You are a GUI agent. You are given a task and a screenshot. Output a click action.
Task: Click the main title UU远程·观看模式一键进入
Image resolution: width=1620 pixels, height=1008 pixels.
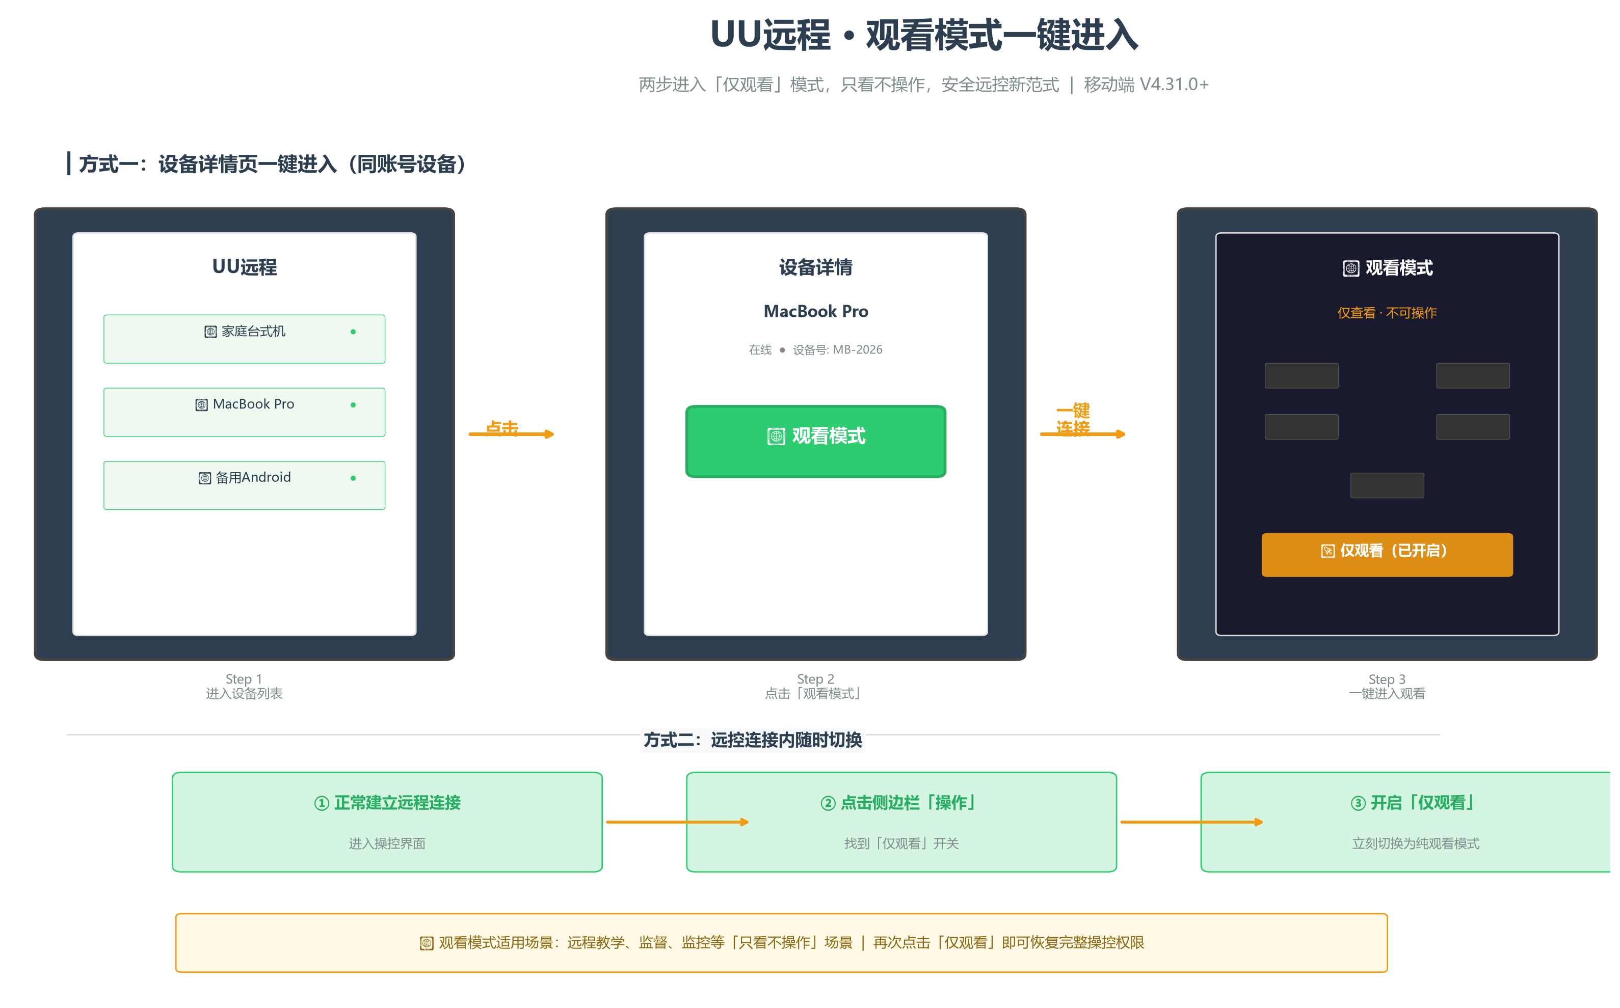click(924, 35)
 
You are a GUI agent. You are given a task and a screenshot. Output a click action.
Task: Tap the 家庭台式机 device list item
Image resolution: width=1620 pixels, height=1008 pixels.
click(244, 339)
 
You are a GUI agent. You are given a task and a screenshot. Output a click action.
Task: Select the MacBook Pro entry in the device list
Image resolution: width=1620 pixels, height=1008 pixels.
click(244, 412)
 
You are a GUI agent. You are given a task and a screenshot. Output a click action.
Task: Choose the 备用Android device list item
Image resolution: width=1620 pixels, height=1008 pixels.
click(244, 485)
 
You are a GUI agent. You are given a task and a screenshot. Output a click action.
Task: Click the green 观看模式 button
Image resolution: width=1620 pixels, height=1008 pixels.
click(816, 441)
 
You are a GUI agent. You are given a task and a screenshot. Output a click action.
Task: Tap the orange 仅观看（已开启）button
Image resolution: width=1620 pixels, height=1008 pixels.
click(1387, 554)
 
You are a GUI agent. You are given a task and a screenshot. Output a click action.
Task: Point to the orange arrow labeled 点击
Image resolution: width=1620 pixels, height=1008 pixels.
click(511, 434)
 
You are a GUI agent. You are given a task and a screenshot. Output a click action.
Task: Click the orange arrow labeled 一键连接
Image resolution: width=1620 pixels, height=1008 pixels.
click(1082, 434)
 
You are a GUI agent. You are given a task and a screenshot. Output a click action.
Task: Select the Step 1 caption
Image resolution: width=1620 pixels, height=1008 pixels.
click(244, 686)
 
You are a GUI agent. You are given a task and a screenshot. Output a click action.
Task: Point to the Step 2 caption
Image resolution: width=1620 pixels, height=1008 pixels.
click(816, 686)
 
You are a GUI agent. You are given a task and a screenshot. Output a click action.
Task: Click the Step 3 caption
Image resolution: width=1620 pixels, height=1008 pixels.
click(1387, 686)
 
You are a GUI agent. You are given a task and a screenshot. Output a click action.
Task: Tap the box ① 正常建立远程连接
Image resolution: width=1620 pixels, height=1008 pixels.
click(387, 822)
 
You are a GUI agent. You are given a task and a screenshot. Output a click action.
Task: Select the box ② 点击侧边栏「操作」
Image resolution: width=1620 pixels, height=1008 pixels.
click(901, 822)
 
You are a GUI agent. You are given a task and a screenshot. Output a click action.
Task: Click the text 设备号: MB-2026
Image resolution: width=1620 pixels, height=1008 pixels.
click(837, 350)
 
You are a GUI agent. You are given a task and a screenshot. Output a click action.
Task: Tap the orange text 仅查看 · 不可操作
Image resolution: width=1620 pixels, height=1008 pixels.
click(1387, 313)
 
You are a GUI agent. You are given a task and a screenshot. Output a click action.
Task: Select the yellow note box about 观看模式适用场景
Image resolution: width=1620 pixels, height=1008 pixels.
click(781, 943)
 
